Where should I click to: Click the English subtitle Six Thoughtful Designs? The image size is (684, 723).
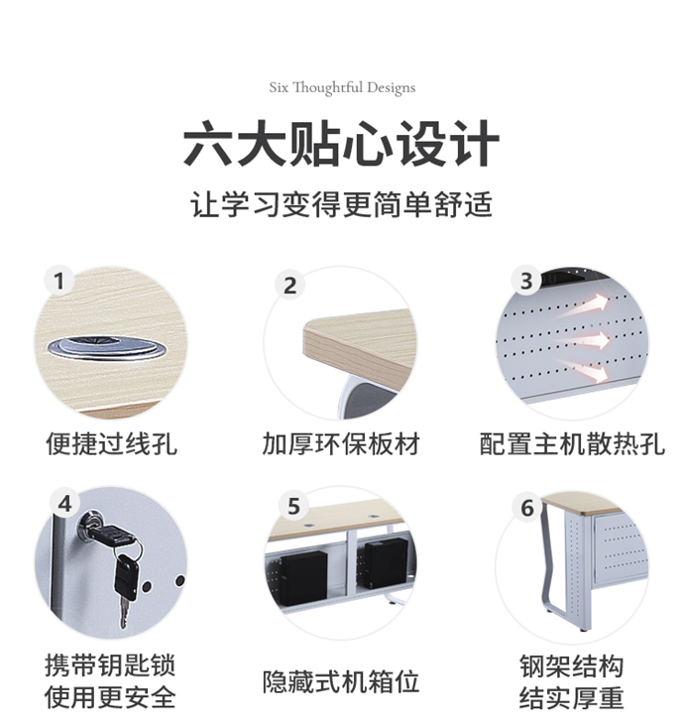click(342, 87)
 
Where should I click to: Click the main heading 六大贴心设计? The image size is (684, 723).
click(342, 145)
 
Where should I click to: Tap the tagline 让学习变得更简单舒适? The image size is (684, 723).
click(342, 205)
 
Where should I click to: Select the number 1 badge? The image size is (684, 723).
click(59, 282)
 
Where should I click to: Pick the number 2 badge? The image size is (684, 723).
click(290, 286)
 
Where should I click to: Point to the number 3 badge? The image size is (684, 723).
click(526, 282)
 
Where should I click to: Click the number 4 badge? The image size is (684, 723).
click(64, 503)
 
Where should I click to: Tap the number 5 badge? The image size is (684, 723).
click(293, 507)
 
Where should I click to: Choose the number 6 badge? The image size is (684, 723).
click(527, 508)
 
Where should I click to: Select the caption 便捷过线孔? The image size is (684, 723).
click(111, 442)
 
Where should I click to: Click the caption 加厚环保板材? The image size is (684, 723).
click(341, 442)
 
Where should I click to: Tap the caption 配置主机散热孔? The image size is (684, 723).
click(572, 442)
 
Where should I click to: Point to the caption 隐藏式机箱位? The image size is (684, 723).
click(341, 681)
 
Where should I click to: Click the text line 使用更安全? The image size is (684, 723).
click(111, 697)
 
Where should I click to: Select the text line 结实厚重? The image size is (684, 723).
click(572, 697)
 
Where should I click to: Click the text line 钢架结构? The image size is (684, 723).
click(572, 664)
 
